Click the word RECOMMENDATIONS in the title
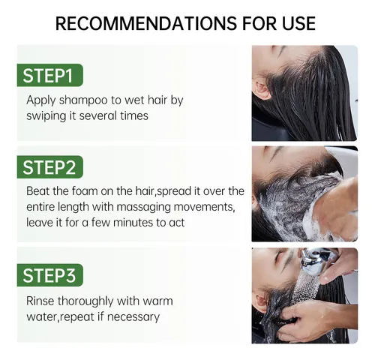coord(145,23)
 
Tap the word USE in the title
coord(298,23)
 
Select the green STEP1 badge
coord(50,75)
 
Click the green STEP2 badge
coord(50,167)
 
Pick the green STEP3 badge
coord(50,275)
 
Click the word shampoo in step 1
coord(83,100)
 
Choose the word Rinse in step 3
coord(40,301)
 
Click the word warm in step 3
coord(157,301)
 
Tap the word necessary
coord(133,317)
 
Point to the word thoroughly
coord(86,301)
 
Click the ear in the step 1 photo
coord(261,91)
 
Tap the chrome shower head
coord(314,261)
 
